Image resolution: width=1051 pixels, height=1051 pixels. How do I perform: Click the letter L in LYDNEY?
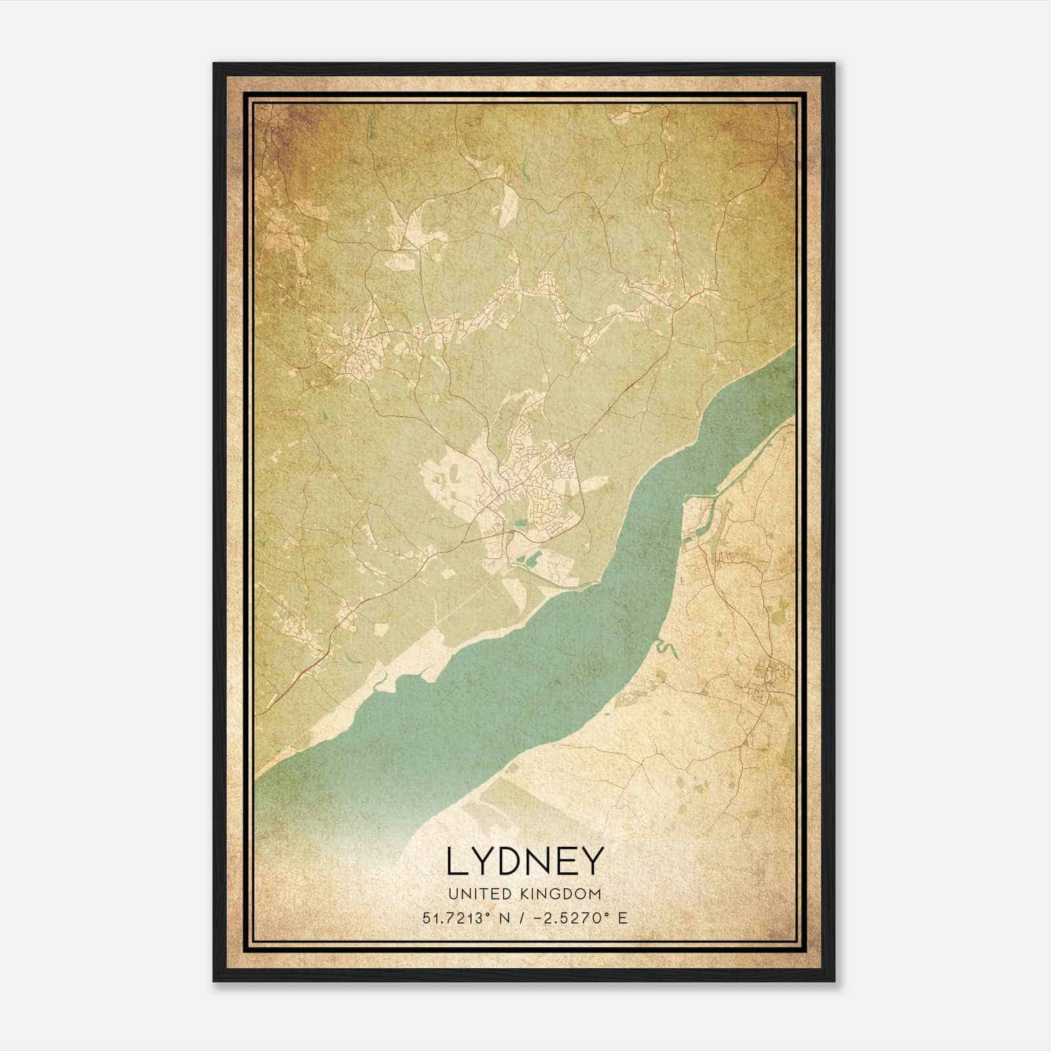[458, 861]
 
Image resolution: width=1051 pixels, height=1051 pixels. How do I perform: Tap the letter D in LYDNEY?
[514, 861]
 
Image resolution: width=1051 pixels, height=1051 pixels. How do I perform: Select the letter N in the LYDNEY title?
[545, 861]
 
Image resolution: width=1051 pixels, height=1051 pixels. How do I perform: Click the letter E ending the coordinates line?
[622, 918]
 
